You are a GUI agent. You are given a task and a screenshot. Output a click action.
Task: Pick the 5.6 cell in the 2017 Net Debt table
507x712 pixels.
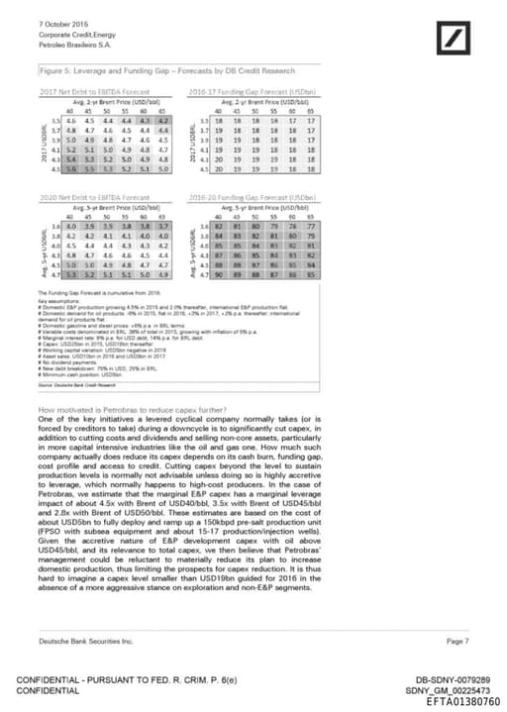(71, 169)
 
